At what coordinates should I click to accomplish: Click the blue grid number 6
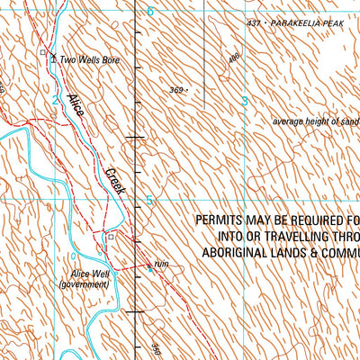tap(150, 11)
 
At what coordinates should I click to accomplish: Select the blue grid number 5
tap(150, 202)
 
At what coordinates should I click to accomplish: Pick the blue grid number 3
tap(244, 103)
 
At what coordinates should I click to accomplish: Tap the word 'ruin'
tap(162, 264)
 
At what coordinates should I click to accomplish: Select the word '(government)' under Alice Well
tap(84, 284)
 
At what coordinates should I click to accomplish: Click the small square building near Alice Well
tap(111, 238)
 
